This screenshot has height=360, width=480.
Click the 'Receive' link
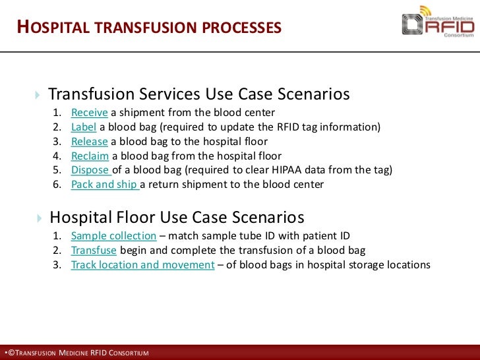[89, 112]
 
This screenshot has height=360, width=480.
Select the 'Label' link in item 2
[83, 127]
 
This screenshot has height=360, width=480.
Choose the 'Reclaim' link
[90, 156]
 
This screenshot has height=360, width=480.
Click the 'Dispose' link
[90, 170]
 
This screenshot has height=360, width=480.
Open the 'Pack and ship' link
[104, 185]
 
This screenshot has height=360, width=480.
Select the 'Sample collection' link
[113, 236]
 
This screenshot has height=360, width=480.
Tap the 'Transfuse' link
[94, 251]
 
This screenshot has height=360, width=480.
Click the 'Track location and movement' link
[142, 265]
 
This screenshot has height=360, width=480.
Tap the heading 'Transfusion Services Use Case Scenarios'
[198, 94]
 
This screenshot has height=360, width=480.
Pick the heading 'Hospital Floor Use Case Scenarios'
[177, 217]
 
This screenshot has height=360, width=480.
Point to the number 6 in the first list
[57, 185]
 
